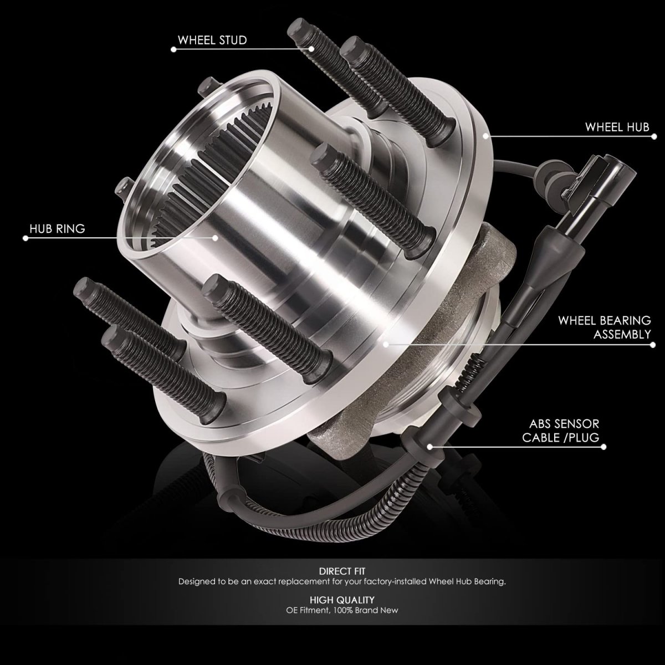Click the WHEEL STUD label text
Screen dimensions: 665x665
pos(212,40)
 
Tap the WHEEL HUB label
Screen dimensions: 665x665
pos(617,127)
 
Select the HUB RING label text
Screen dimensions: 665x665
pos(57,229)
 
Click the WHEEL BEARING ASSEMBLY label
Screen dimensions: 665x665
pos(605,327)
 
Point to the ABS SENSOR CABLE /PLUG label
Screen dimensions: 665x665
pos(561,431)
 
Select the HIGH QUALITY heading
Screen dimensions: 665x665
pos(342,600)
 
